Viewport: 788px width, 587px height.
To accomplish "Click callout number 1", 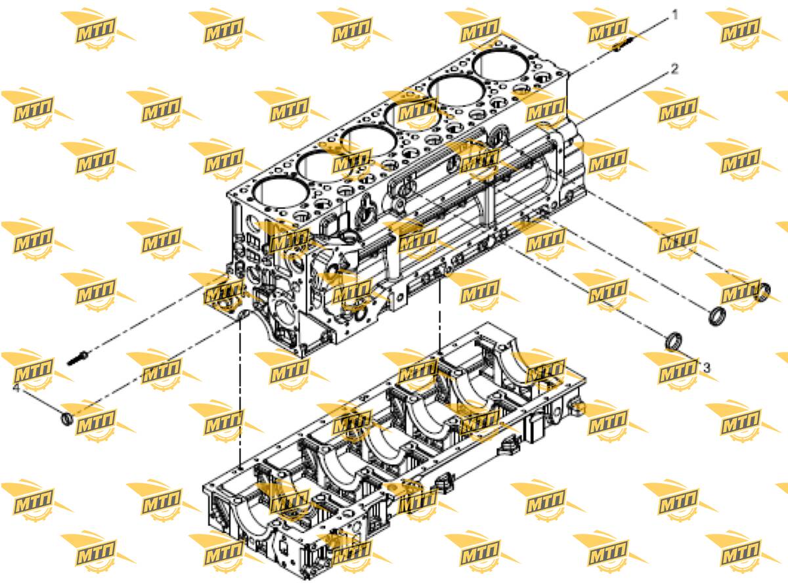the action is [674, 16].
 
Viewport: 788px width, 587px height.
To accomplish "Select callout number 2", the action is [674, 69].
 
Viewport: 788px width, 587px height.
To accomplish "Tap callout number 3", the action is [707, 368].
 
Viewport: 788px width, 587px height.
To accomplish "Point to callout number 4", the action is [16, 387].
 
